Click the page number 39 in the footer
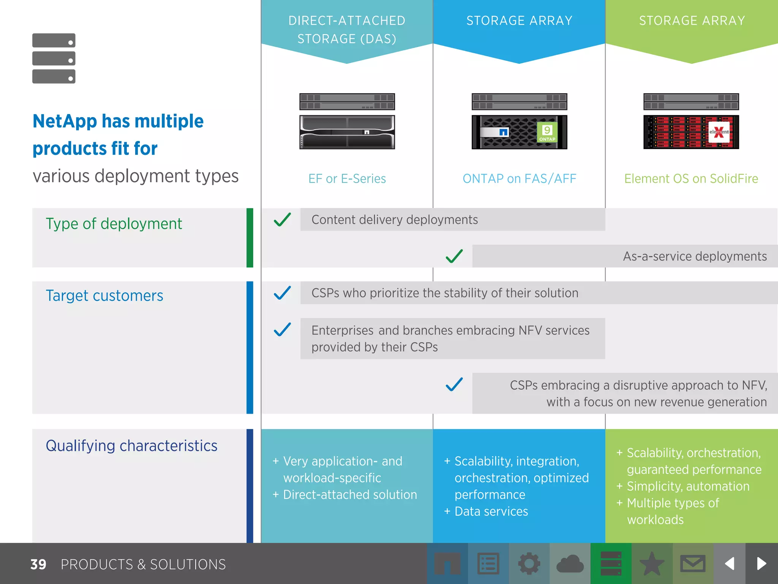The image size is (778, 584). click(x=38, y=564)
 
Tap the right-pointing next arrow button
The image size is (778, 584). click(x=761, y=563)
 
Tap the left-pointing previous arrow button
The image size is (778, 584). click(x=729, y=563)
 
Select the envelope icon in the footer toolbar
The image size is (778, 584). click(x=693, y=563)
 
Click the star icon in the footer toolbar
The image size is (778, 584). click(x=652, y=563)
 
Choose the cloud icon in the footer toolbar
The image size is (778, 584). click(x=570, y=563)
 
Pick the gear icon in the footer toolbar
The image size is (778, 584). click(x=529, y=563)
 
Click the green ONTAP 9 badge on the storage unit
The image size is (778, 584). click(x=547, y=133)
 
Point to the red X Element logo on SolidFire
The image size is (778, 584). click(x=719, y=132)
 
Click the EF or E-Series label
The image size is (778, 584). click(x=347, y=179)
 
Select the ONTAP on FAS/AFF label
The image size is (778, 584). click(x=519, y=179)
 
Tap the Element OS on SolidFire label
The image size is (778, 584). click(x=691, y=179)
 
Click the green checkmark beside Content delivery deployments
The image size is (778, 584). click(x=282, y=219)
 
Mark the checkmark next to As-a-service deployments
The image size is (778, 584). click(x=454, y=256)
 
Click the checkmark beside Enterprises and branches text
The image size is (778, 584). click(x=282, y=330)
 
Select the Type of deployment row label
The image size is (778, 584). click(x=114, y=224)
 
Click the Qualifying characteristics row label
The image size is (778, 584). click(x=131, y=446)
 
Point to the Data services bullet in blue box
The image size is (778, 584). click(x=491, y=511)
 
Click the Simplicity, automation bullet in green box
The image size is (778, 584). click(x=688, y=486)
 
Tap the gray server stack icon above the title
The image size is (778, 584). click(x=54, y=58)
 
